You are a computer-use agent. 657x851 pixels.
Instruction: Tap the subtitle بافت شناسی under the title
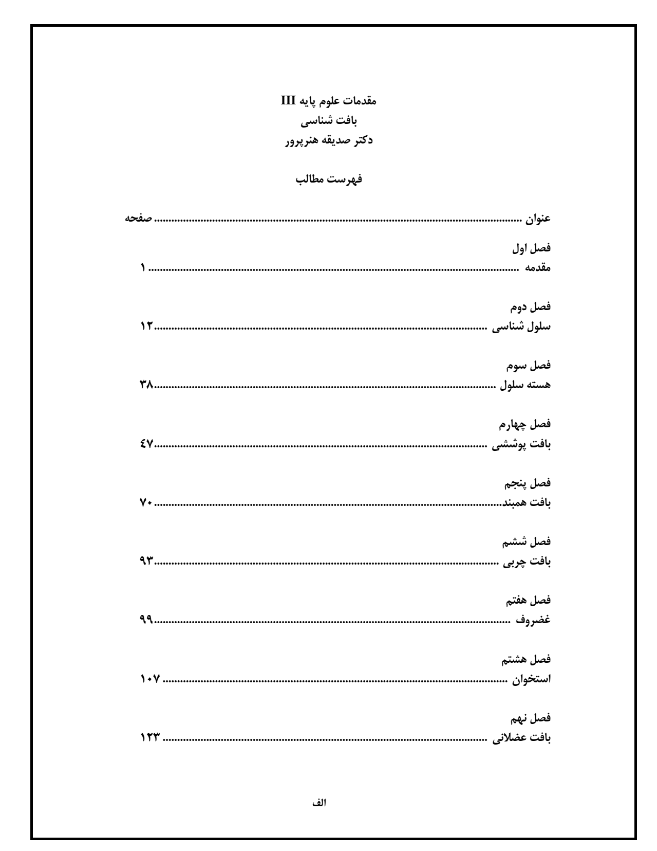[x=329, y=121]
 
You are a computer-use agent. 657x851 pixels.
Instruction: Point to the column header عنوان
[x=537, y=219]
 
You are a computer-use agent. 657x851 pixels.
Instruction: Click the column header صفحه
[x=139, y=219]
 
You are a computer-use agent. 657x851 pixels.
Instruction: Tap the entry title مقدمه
[x=537, y=268]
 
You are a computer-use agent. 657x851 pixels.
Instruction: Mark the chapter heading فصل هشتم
[x=529, y=659]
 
